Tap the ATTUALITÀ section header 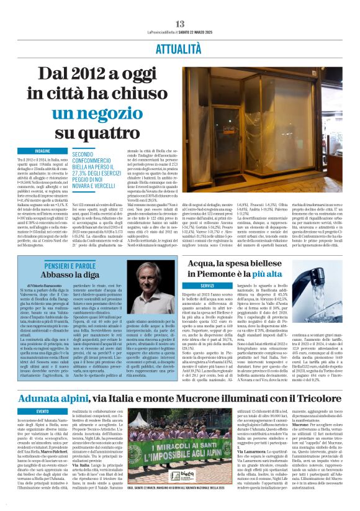click(179, 48)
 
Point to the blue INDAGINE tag click(42, 151)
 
